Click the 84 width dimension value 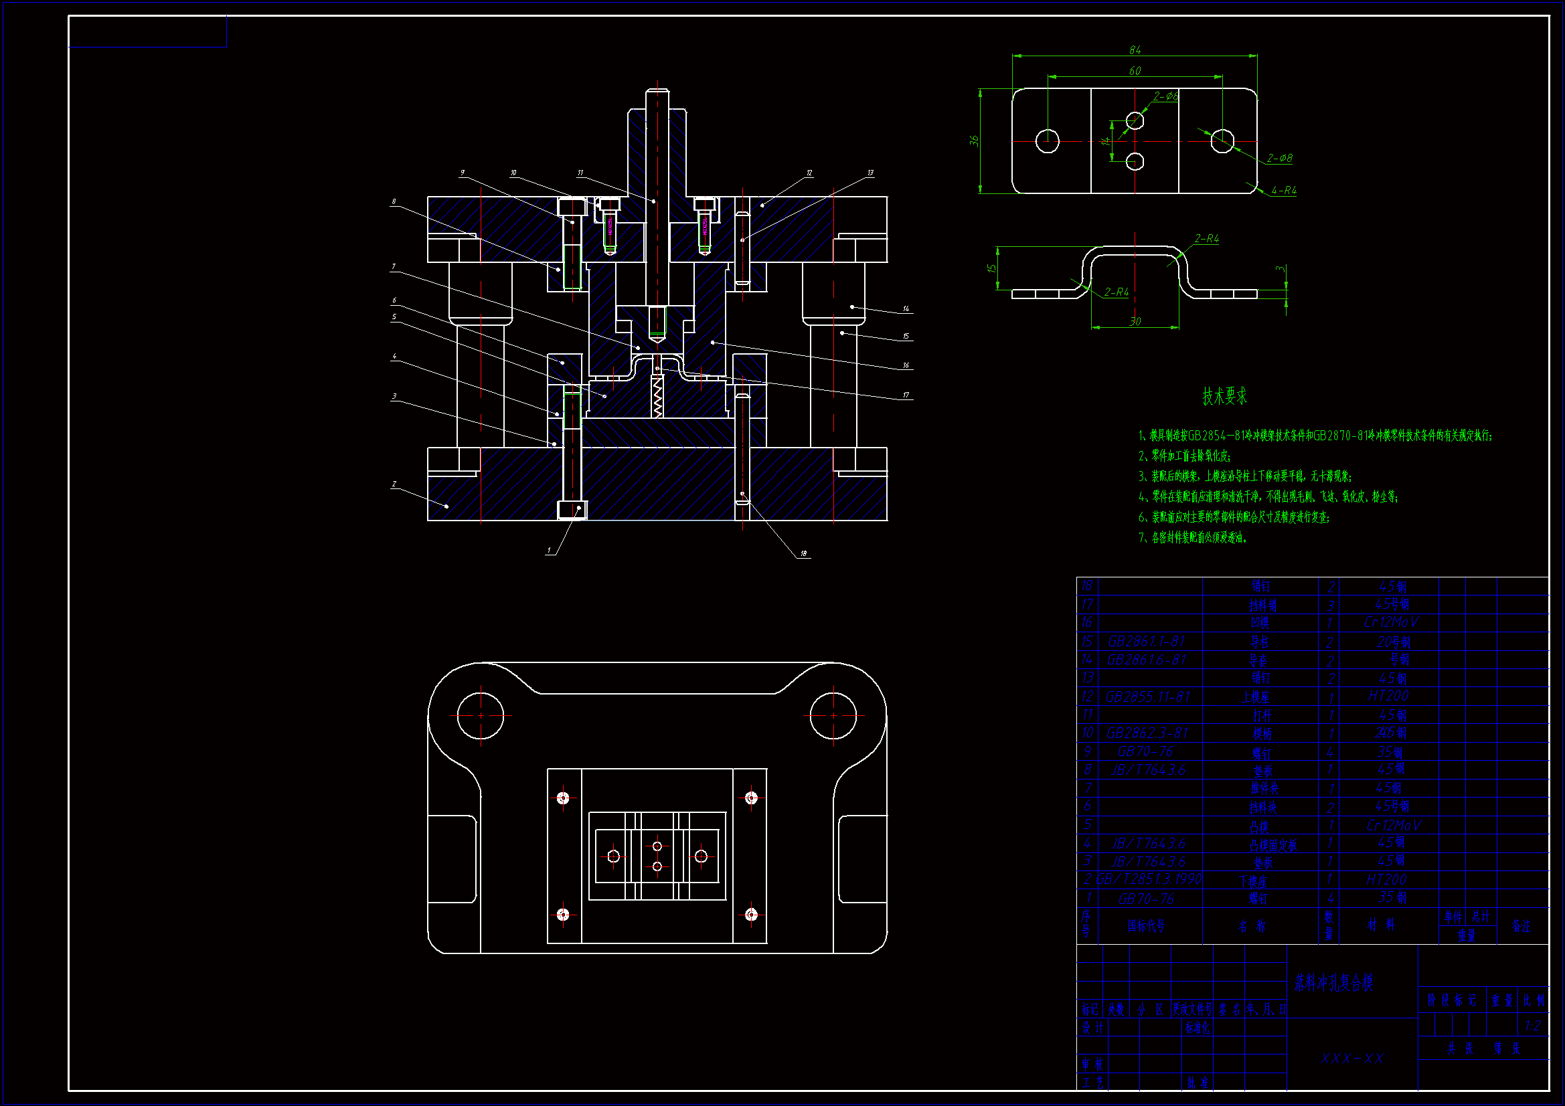coord(1135,50)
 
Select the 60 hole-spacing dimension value coord(1135,70)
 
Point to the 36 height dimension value coord(974,141)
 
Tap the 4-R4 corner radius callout coord(1283,191)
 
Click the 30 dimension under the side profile coord(1135,321)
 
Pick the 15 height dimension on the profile coord(991,268)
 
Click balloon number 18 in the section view coord(804,553)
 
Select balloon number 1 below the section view coord(550,550)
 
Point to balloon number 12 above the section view coord(809,173)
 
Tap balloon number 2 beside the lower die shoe coord(394,484)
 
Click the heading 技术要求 coord(1224,396)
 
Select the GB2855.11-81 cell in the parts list coord(1148,697)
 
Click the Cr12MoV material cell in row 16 coord(1390,622)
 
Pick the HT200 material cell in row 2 coord(1386,879)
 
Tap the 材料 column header coord(1381,925)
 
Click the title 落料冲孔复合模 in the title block coord(1333,982)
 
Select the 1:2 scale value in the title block coord(1533,1026)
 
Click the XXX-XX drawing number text coord(1352,1058)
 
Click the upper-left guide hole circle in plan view coord(481,715)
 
